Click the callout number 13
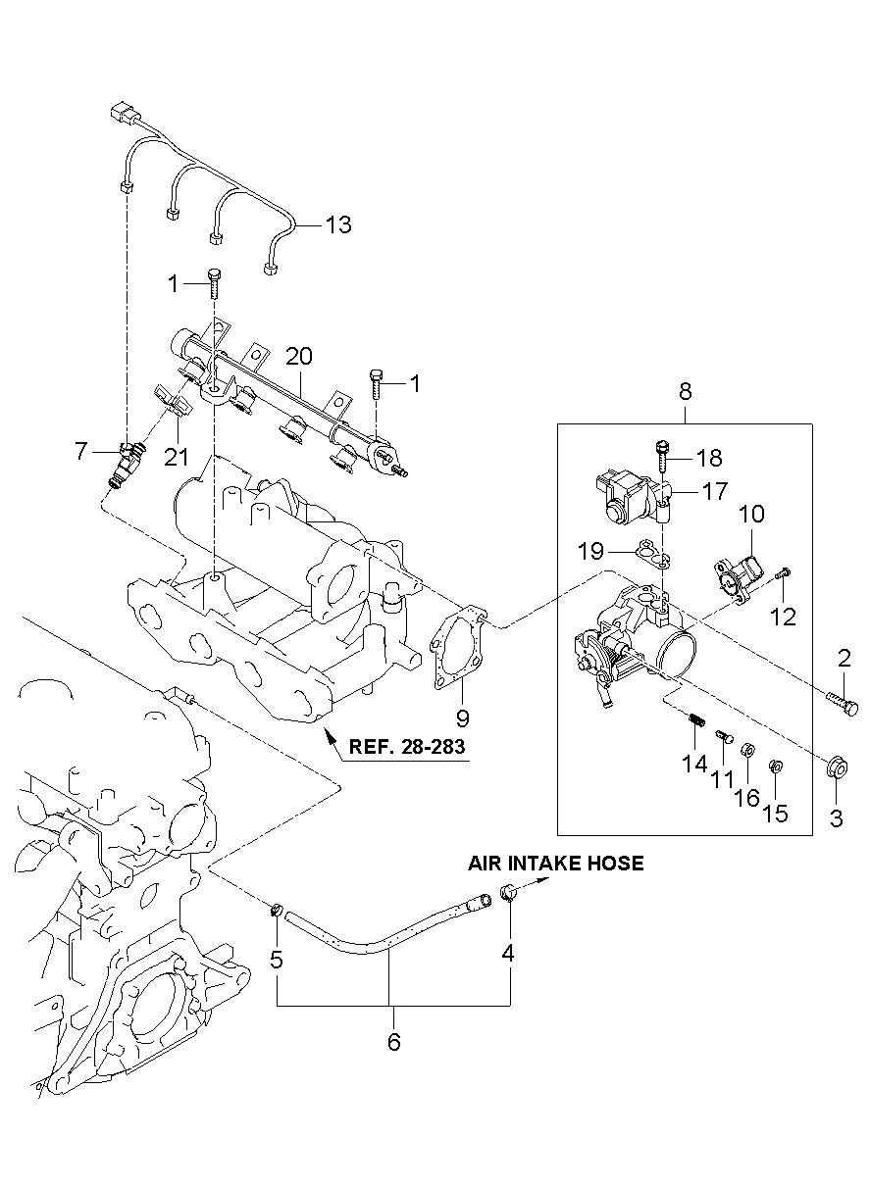point(338,224)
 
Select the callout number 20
point(299,356)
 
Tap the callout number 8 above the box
point(686,391)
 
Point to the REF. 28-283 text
point(407,746)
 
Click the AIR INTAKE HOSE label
point(555,863)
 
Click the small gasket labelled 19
point(653,554)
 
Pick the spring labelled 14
point(698,720)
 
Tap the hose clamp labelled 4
point(508,892)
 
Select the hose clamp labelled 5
point(276,911)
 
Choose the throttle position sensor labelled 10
point(738,576)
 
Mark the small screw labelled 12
point(783,572)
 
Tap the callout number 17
point(714,491)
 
